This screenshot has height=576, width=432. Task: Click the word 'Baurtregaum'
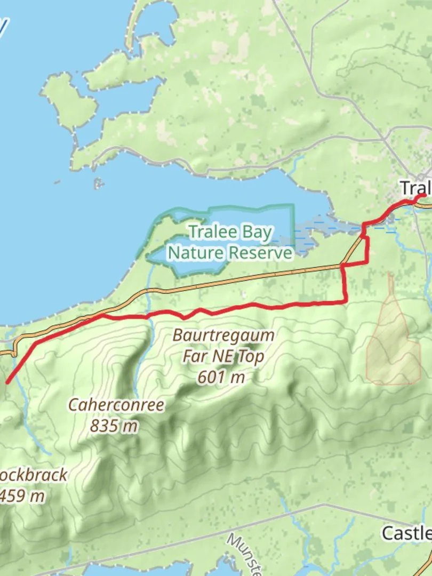pyautogui.click(x=223, y=336)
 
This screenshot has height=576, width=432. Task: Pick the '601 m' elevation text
pyautogui.click(x=221, y=377)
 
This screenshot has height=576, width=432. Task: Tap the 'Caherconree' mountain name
pyautogui.click(x=116, y=405)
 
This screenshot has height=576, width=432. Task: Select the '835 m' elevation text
pyautogui.click(x=114, y=426)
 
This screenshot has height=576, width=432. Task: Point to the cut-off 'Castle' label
pyautogui.click(x=406, y=533)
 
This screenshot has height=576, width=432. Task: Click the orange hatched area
pyautogui.click(x=393, y=341)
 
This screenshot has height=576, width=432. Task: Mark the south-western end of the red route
pyautogui.click(x=6, y=382)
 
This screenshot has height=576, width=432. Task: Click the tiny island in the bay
pyautogui.click(x=98, y=183)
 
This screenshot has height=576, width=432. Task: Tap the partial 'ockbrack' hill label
pyautogui.click(x=34, y=475)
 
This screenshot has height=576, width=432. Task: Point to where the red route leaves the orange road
pyautogui.click(x=100, y=316)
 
